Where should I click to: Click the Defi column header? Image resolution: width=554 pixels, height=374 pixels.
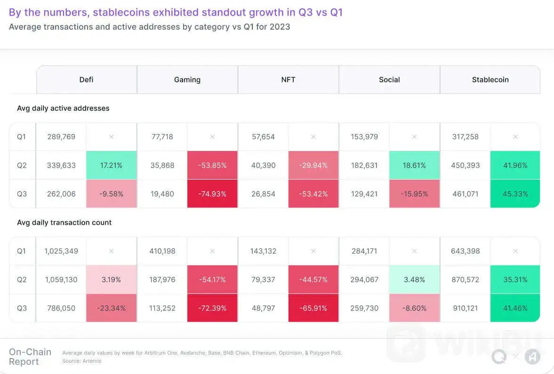(86, 80)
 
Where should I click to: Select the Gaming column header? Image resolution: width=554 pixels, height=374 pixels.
(187, 80)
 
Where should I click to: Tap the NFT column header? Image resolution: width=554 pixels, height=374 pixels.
(288, 80)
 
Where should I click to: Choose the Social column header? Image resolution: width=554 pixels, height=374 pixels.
(389, 80)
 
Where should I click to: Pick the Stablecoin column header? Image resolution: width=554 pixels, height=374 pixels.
(490, 80)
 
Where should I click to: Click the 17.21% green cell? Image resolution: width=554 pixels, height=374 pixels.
(112, 165)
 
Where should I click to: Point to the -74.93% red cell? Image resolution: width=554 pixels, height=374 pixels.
(212, 194)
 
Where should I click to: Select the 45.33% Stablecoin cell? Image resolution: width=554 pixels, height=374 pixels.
(515, 194)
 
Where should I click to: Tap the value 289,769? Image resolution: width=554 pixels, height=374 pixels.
(61, 137)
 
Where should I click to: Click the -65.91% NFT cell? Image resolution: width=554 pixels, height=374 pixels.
(313, 308)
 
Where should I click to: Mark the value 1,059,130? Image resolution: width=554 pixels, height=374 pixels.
(61, 279)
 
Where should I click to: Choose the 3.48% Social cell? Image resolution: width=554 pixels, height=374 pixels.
(414, 279)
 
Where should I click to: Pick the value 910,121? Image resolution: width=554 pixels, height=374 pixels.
(465, 308)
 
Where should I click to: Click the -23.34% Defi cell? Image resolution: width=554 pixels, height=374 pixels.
(112, 308)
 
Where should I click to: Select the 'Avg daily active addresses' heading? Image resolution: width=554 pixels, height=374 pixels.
(63, 108)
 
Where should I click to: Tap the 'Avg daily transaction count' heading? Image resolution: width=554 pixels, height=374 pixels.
(64, 223)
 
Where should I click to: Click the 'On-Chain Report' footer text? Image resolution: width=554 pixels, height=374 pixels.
(24, 357)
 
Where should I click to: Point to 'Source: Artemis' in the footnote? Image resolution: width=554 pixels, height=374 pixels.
(82, 361)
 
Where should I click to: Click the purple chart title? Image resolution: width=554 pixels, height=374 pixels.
(176, 12)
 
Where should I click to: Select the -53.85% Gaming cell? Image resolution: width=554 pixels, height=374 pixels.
(212, 165)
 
